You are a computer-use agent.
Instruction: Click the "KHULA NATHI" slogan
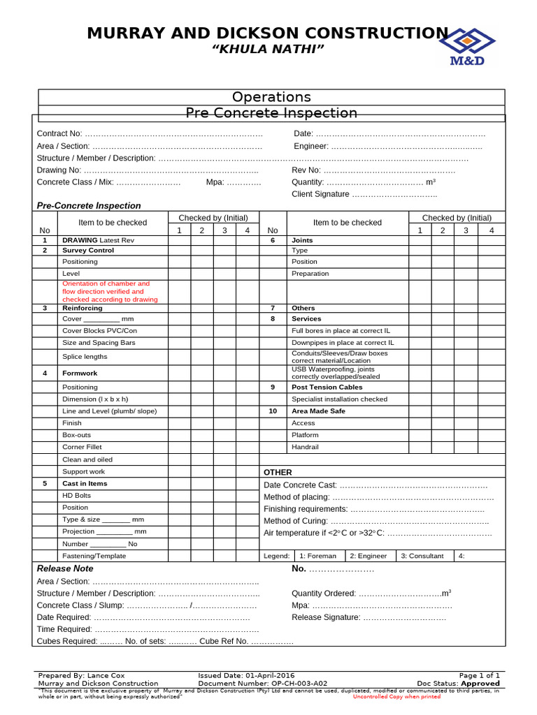coord(268,48)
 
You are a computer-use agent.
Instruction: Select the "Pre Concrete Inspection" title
coord(271,113)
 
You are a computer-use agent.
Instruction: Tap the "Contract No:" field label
coord(59,133)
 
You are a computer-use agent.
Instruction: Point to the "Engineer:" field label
coord(311,146)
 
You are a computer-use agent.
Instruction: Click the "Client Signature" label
coord(320,194)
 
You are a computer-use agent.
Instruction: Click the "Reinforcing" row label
coord(82,308)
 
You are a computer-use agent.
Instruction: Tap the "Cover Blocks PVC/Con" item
coord(99,331)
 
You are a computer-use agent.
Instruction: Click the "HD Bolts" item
coord(77,496)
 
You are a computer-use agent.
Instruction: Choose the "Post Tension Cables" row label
coord(327,387)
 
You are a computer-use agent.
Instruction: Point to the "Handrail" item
coord(305,447)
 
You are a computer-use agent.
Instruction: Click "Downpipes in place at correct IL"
coord(343,343)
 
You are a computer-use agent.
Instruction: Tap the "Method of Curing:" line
coord(296,521)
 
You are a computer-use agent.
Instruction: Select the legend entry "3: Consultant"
coord(422,556)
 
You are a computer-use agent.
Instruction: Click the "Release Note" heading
coord(65,568)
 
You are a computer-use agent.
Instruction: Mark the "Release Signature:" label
coord(326,617)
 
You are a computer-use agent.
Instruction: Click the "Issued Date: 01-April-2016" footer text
coord(246,676)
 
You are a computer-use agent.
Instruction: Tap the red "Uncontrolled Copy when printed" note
coord(396,696)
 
